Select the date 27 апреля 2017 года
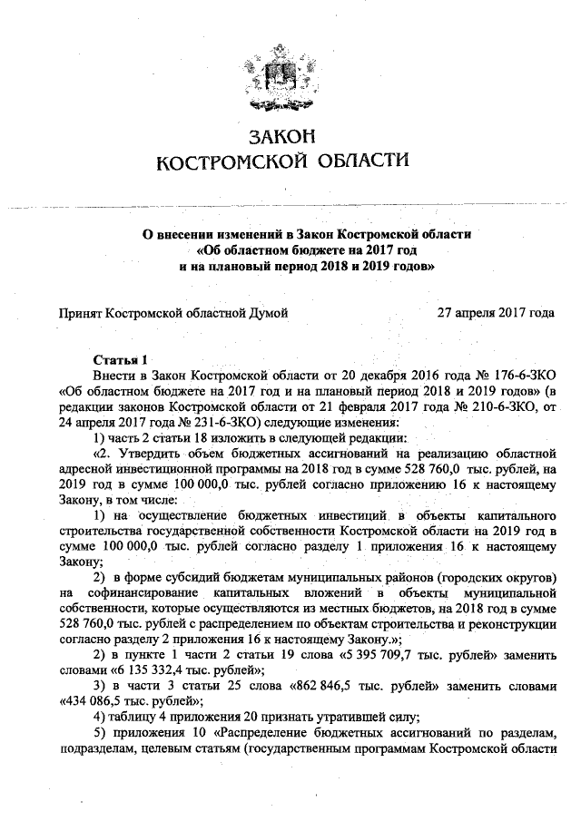tap(497, 312)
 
